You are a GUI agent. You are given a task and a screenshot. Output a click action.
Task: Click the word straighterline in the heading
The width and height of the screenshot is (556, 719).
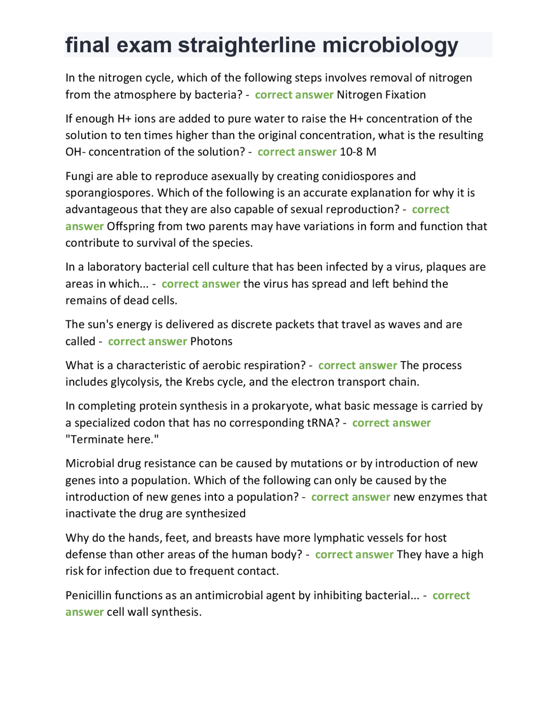247,45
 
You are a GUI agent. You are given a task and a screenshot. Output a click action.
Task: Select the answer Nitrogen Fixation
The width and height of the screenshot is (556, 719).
381,95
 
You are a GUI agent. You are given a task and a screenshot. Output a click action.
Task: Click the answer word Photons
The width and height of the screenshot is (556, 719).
211,341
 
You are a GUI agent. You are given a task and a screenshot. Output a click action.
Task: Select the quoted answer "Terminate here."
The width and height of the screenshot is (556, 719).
112,439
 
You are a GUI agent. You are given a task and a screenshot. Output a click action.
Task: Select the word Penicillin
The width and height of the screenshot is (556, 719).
88,595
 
